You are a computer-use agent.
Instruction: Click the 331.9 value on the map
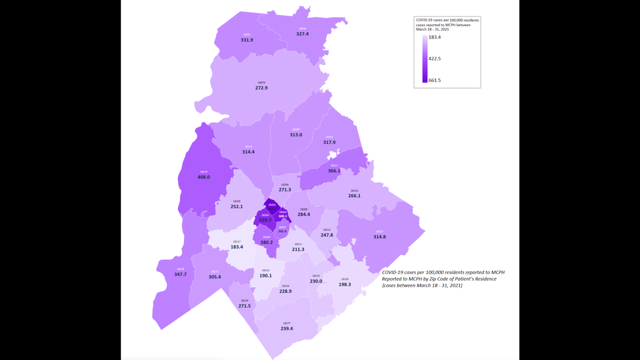tap(247, 40)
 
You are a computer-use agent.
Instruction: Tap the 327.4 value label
tap(303, 34)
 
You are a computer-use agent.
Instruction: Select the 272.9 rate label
tap(261, 88)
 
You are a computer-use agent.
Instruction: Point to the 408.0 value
tap(204, 177)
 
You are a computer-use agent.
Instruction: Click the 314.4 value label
tap(248, 152)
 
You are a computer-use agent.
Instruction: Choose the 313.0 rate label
tap(296, 135)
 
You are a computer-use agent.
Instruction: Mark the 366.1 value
tap(334, 171)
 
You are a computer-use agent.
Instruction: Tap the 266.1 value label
tap(354, 196)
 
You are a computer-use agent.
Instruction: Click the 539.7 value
tap(266, 220)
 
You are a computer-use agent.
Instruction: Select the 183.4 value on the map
tap(237, 247)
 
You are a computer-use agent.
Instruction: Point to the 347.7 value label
tap(180, 275)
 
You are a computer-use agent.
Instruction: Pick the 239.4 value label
tap(287, 329)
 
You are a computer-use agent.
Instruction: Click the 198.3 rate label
tap(345, 285)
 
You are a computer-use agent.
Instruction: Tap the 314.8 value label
tap(380, 237)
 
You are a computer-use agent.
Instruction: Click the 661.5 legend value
tap(435, 80)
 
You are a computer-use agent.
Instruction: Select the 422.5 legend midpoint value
tap(435, 58)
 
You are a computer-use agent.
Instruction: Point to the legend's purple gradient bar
tap(425, 59)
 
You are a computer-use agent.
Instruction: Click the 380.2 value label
tap(266, 243)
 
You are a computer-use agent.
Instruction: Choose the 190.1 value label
tap(266, 276)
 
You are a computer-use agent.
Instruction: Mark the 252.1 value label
tap(237, 207)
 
